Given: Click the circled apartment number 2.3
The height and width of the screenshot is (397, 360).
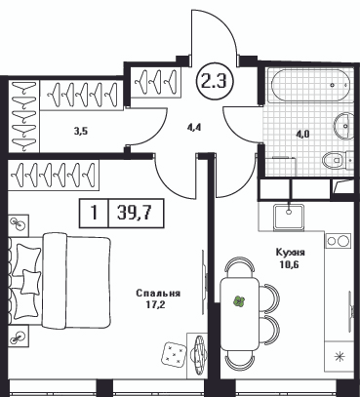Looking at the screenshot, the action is [x=214, y=82].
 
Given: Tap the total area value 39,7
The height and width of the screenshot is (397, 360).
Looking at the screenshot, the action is [x=136, y=213].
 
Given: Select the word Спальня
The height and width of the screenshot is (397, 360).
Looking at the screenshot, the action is [x=158, y=294].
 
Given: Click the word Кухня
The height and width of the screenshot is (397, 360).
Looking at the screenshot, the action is [x=290, y=253].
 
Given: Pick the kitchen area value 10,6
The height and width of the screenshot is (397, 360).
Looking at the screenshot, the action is [x=289, y=264].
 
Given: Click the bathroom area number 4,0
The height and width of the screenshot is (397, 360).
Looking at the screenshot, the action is [x=302, y=135].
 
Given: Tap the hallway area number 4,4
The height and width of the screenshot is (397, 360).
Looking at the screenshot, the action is [x=195, y=127].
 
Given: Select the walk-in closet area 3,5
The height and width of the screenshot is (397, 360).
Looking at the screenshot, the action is [x=82, y=132].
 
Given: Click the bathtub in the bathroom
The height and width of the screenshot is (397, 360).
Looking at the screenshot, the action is [x=309, y=86].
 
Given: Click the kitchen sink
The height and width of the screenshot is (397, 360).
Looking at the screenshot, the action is [x=289, y=217].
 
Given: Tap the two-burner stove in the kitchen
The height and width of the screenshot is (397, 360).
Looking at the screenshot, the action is [x=338, y=241].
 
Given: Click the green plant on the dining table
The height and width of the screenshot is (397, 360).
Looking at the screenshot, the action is [x=239, y=301].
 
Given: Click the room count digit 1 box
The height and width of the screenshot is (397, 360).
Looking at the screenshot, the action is [x=94, y=214].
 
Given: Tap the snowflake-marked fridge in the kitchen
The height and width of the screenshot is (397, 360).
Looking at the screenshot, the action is [x=340, y=356].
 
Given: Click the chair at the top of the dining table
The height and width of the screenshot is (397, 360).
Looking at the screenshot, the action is [x=240, y=267].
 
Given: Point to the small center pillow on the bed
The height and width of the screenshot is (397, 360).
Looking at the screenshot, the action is [x=31, y=282].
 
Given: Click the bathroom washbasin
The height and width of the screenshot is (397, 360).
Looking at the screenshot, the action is [x=344, y=126].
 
